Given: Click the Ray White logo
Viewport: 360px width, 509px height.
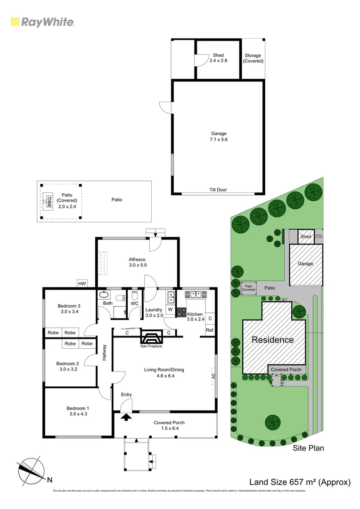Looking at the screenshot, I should (x=42, y=22).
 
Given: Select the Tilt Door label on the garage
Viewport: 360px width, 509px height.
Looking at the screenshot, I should (x=218, y=189).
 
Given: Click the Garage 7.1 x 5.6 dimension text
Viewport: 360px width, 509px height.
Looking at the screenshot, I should (x=218, y=137).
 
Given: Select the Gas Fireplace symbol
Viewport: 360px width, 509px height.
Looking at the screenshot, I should (x=151, y=338).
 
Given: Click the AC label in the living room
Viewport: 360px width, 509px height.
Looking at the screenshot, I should (x=213, y=376).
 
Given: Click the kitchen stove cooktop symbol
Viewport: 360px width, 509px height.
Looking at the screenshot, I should (x=181, y=312).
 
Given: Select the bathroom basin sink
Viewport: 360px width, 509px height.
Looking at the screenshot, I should (x=105, y=296).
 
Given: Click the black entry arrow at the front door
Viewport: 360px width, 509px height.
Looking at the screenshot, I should (x=126, y=416).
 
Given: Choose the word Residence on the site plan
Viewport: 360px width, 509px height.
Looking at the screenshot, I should (x=272, y=340).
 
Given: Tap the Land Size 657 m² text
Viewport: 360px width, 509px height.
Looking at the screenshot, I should (x=300, y=482).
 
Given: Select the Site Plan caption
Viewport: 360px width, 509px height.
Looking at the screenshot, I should (x=308, y=448).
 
